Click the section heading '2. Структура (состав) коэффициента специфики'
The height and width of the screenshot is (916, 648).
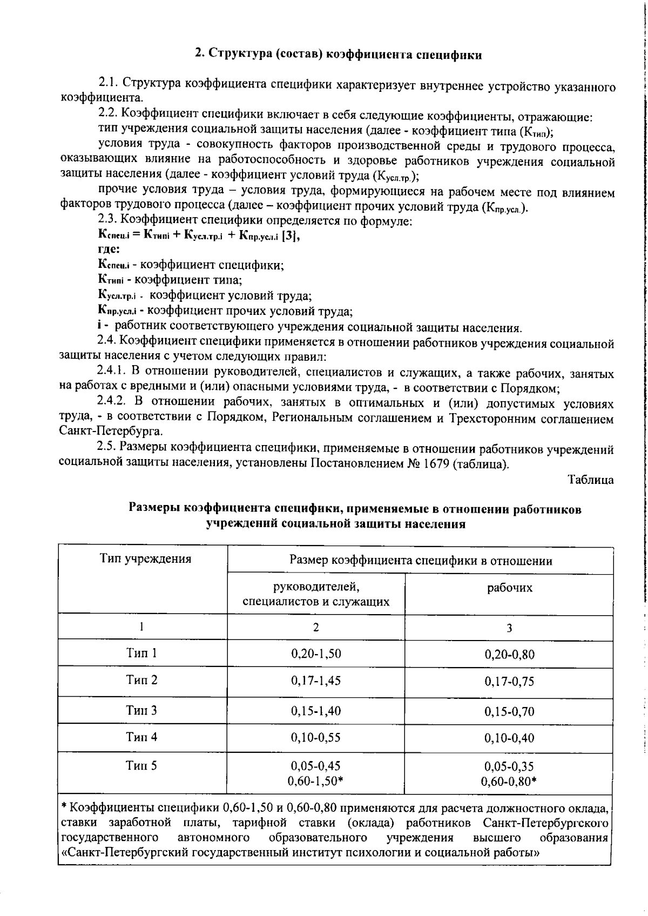pos(338,55)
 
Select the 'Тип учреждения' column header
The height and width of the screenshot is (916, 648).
pos(145,558)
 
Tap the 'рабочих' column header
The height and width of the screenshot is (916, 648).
pos(509,588)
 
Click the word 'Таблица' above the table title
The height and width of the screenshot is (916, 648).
pos(591,480)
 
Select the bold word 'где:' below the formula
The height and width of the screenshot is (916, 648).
pos(109,250)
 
